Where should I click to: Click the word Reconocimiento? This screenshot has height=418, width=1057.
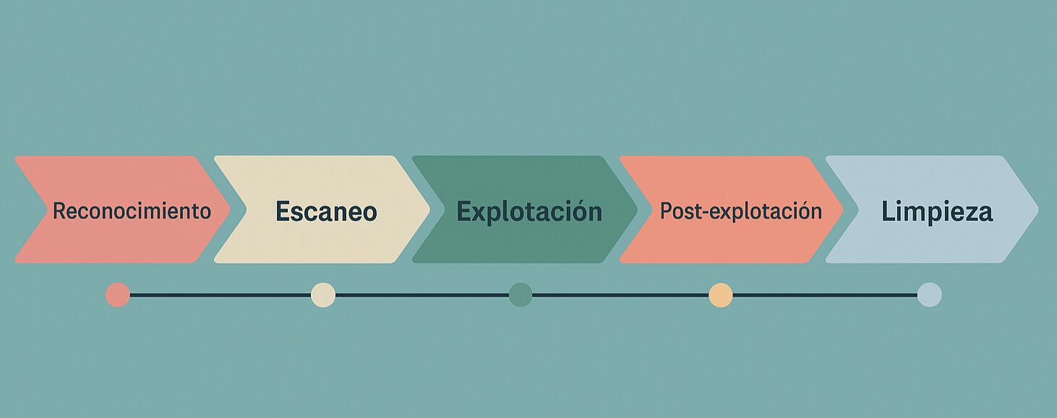(132, 212)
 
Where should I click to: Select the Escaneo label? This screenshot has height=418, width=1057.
(326, 212)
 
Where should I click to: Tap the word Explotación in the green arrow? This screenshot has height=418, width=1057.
(529, 212)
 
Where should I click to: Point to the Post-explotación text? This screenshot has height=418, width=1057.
(741, 212)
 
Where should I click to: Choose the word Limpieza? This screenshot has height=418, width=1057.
(936, 212)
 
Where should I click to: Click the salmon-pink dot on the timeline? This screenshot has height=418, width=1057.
(118, 295)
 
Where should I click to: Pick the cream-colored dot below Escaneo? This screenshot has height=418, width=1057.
(323, 295)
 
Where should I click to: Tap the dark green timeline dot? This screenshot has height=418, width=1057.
(521, 295)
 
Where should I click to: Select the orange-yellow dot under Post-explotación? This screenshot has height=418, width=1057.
(721, 295)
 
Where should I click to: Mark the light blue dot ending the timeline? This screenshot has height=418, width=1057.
(929, 295)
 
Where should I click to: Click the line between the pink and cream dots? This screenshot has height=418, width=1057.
(221, 295)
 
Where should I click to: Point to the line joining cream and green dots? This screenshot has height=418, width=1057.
(421, 295)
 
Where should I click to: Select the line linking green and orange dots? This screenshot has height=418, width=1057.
(620, 295)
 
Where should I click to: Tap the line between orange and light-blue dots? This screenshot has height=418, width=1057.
(825, 295)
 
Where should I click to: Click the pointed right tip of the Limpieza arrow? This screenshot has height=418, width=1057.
(1037, 209)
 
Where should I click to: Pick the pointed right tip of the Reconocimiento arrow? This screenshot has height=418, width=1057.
(228, 209)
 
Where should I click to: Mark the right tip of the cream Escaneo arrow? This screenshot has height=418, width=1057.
(428, 209)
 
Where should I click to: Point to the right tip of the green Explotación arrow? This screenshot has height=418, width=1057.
(636, 209)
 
